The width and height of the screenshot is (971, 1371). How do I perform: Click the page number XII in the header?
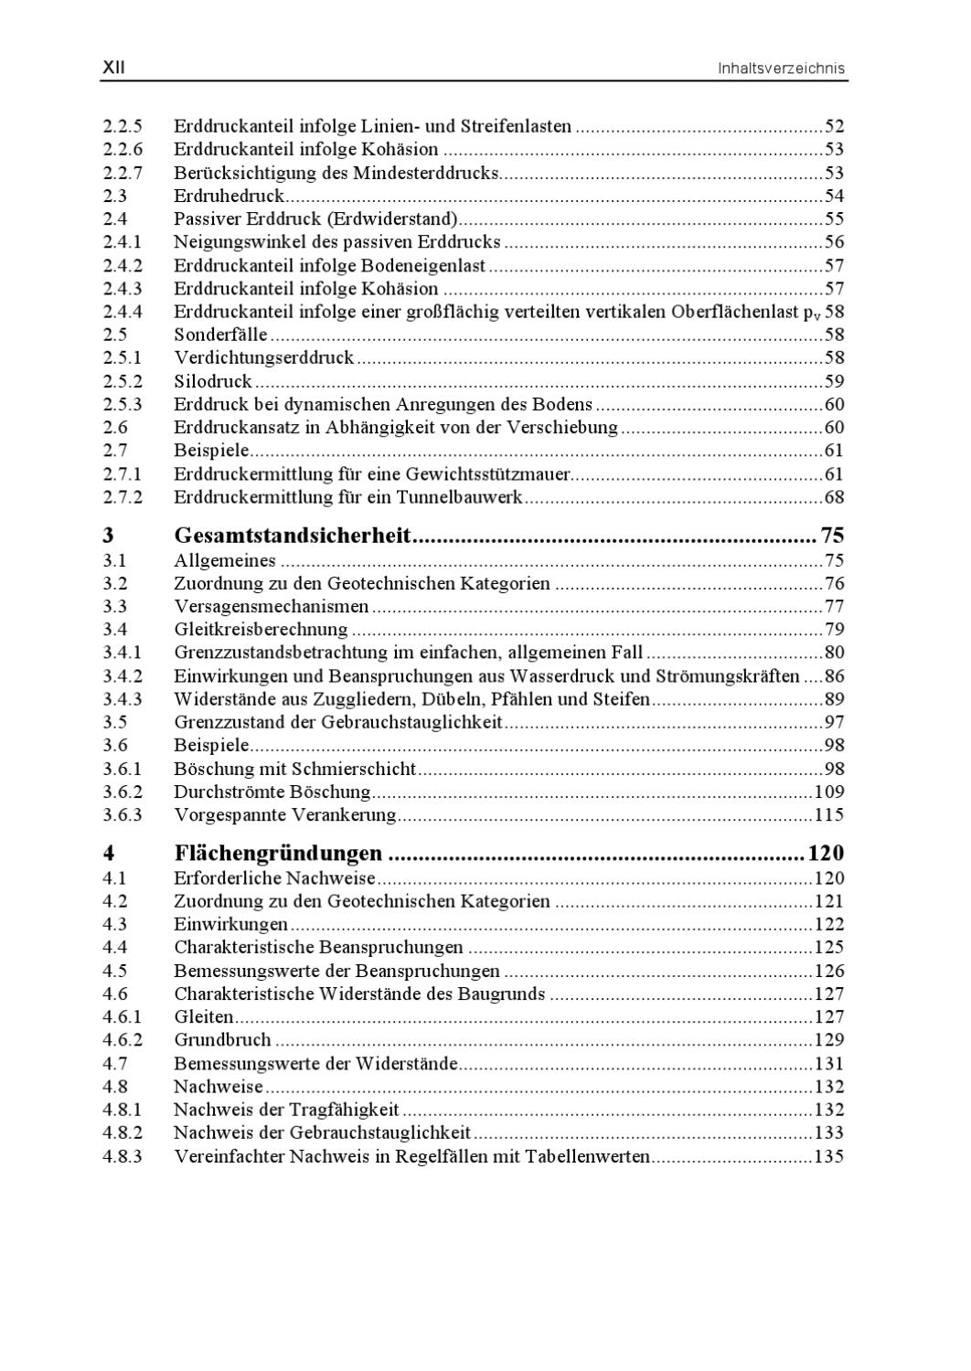click(x=113, y=68)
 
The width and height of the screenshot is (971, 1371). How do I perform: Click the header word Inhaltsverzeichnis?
click(x=782, y=69)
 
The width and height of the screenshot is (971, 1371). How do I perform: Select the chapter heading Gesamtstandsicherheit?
click(x=292, y=536)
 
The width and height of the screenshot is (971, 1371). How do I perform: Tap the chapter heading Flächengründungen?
click(x=278, y=854)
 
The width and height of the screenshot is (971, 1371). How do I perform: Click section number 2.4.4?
click(x=123, y=312)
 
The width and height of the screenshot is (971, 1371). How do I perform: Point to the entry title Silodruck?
click(x=212, y=381)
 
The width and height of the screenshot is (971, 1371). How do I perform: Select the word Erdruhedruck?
click(x=229, y=196)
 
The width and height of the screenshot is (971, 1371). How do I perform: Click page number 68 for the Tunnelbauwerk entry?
click(x=834, y=497)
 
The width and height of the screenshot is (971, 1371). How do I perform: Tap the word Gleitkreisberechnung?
click(x=261, y=629)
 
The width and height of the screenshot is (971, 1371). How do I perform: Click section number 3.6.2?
click(x=123, y=792)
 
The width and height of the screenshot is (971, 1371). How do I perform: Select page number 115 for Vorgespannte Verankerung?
click(x=829, y=815)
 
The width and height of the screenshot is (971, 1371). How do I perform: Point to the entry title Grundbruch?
click(x=222, y=1040)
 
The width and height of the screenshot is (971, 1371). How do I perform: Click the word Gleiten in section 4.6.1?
click(x=203, y=1016)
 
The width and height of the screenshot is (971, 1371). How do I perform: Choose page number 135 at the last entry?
click(x=829, y=1156)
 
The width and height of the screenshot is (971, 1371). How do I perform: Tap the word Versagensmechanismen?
click(x=271, y=606)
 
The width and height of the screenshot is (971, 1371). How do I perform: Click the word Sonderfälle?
click(x=220, y=335)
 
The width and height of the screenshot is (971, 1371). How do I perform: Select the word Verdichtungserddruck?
click(x=263, y=357)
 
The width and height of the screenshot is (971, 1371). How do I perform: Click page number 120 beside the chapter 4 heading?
click(x=825, y=854)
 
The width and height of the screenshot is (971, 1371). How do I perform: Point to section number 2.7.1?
click(x=123, y=473)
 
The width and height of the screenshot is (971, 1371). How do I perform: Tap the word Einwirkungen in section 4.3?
click(x=230, y=924)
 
